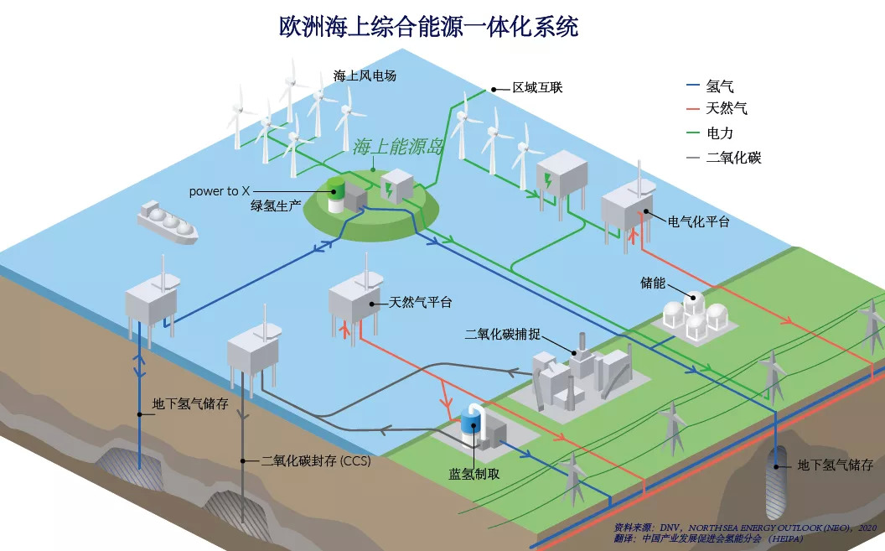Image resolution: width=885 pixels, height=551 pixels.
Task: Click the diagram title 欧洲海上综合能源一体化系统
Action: point(428,26)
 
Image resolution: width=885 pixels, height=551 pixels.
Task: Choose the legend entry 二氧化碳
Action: point(733,157)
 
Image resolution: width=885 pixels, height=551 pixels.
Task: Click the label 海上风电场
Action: point(365,75)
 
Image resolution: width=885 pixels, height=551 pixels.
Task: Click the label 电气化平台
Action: point(699,222)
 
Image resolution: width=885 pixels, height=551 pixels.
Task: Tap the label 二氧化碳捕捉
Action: point(502,334)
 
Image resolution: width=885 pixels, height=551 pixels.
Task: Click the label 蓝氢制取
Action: point(474,474)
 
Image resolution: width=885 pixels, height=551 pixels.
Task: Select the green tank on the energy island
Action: point(335,194)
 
